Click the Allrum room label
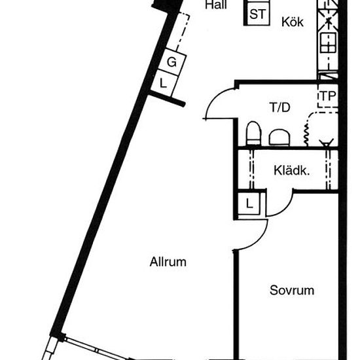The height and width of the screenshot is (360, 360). tap(168, 262)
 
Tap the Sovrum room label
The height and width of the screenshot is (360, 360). tap(292, 290)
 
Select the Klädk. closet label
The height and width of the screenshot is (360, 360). tap(291, 171)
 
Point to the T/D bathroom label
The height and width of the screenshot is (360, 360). tap(280, 107)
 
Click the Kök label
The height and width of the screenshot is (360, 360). tap(293, 22)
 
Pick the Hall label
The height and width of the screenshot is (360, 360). tap(216, 5)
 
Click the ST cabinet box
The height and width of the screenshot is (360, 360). tap(257, 14)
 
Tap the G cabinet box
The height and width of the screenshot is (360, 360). tap(172, 62)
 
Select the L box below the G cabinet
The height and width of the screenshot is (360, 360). tap(164, 83)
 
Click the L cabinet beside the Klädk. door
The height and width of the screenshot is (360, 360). tap(249, 204)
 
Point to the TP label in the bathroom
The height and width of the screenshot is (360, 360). tap(328, 96)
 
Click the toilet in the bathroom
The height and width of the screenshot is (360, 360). tap(253, 134)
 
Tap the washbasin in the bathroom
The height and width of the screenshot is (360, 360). tap(279, 137)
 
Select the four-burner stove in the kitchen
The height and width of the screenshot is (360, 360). tap(329, 43)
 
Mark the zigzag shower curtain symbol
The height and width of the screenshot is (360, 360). tap(306, 134)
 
